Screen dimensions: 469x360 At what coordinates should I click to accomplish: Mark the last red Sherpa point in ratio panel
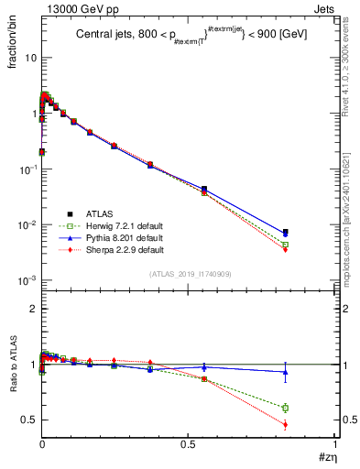pyautogui.click(x=286, y=424)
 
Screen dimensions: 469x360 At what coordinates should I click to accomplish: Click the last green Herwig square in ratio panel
pyautogui.click(x=286, y=408)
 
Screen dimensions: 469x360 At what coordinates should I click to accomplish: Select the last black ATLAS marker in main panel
pyautogui.click(x=286, y=232)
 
